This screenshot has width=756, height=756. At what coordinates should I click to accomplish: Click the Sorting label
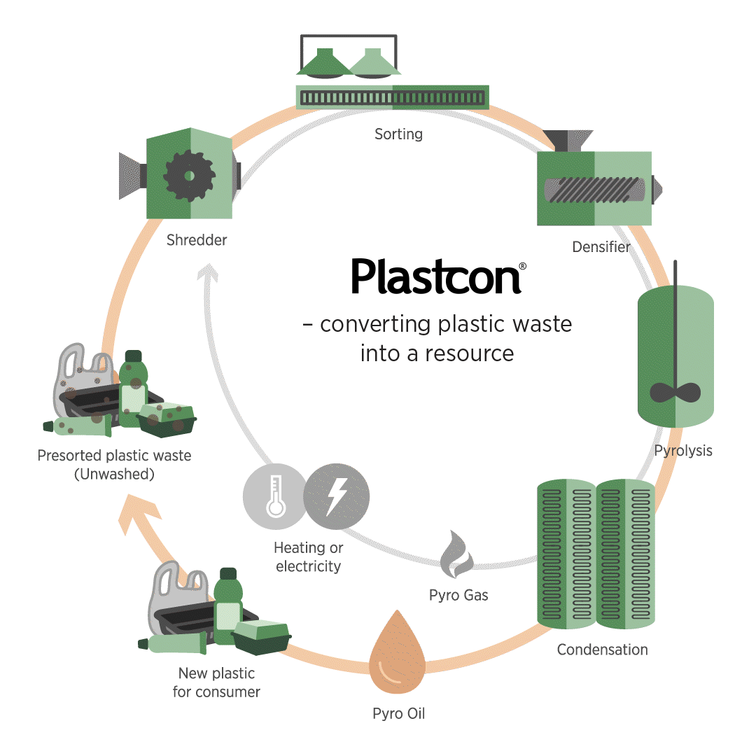398,134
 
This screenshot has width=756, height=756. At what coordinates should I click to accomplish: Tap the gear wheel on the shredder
190,176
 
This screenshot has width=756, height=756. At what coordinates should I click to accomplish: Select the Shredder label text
197,240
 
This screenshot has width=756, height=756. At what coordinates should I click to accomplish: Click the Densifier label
601,247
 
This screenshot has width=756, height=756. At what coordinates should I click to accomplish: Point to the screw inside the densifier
594,190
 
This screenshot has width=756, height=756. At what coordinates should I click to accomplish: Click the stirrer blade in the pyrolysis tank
675,393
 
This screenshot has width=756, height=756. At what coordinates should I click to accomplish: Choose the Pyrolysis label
683,451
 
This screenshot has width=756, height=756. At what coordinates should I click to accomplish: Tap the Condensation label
602,650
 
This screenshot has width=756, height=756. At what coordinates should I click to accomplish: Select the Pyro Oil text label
399,713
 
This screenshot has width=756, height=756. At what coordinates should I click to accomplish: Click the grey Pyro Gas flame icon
456,554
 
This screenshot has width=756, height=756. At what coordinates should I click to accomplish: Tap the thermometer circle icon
275,496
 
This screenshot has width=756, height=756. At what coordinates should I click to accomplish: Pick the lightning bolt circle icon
337,496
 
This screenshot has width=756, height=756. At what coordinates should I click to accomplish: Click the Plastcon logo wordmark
436,276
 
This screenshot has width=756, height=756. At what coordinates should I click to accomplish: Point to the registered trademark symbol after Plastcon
523,266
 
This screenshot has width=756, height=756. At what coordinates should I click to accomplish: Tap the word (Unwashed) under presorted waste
114,475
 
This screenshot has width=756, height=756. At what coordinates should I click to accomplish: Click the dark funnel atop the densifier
568,140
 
